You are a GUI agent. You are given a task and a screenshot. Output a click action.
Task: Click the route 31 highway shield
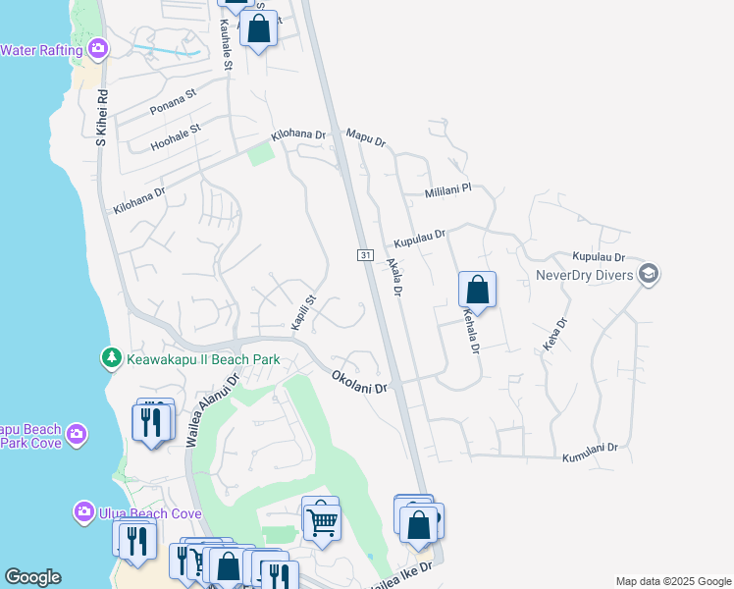tap(364, 255)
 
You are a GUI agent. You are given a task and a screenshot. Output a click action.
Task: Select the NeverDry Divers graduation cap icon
tap(648, 274)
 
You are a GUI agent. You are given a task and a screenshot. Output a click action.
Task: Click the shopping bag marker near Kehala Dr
tap(477, 290)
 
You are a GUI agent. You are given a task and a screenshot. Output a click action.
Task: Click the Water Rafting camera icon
tap(97, 48)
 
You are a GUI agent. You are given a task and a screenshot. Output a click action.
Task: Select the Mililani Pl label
tap(448, 190)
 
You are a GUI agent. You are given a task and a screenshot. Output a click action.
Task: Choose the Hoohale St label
tap(176, 136)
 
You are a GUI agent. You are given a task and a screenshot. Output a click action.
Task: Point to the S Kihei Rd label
tap(100, 117)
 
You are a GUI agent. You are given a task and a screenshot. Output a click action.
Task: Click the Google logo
tap(32, 577)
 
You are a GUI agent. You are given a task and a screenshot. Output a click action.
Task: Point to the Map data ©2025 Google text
tap(673, 581)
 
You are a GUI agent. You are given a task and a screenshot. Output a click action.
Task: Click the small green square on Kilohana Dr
tap(260, 154)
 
